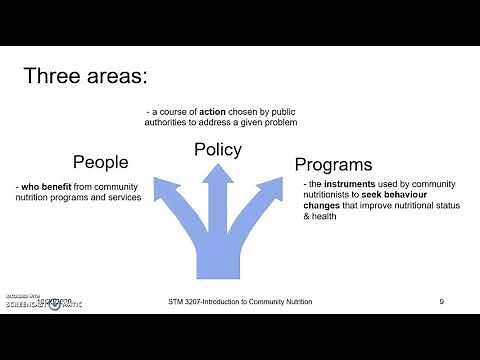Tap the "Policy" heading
point(217,150)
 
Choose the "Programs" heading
point(333,164)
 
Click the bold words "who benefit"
point(45,186)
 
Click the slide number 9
point(441,301)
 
